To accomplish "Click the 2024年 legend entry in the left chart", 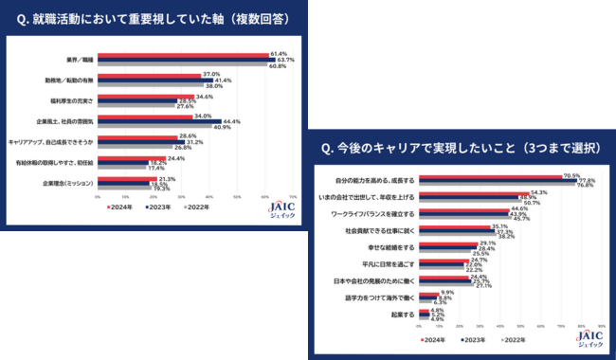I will click(119, 206).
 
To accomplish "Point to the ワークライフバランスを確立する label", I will click(377, 213).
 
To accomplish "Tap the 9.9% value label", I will click(444, 292).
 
